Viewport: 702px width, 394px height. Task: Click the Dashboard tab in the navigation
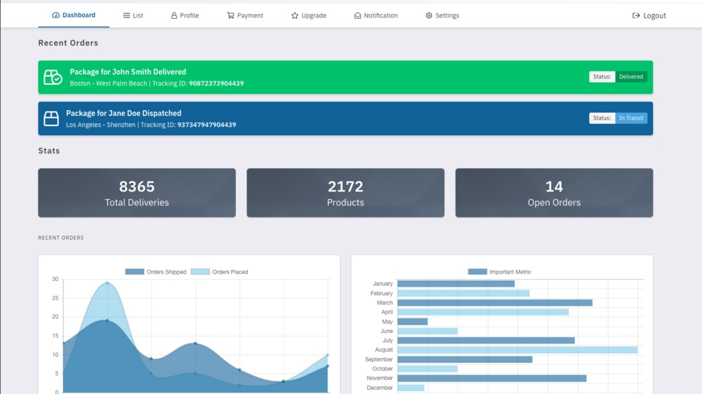pyautogui.click(x=74, y=15)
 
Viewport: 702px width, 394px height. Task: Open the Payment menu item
pyautogui.click(x=245, y=15)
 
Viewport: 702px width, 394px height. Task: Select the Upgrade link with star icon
pyautogui.click(x=309, y=15)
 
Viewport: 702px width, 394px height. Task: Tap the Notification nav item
pyautogui.click(x=376, y=15)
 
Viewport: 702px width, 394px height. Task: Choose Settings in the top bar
pyautogui.click(x=442, y=15)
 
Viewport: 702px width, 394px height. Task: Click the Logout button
pyautogui.click(x=649, y=15)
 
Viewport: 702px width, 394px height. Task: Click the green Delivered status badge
pyautogui.click(x=630, y=77)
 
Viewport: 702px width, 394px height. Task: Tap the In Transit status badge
pyautogui.click(x=630, y=118)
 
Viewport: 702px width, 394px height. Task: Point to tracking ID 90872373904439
pyautogui.click(x=216, y=83)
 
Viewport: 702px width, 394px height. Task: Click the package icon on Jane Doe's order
pyautogui.click(x=51, y=118)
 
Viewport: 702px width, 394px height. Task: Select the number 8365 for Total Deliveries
pyautogui.click(x=137, y=186)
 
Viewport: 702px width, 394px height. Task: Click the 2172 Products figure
pyautogui.click(x=345, y=186)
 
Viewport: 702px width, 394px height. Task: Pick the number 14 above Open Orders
pyautogui.click(x=554, y=186)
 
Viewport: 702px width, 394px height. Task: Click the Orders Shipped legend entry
pyautogui.click(x=156, y=272)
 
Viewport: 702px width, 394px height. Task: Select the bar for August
pyautogui.click(x=517, y=350)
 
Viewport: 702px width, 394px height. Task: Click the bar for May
pyautogui.click(x=412, y=322)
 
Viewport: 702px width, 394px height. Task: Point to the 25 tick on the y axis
pyautogui.click(x=55, y=298)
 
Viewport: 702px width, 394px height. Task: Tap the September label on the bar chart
pyautogui.click(x=379, y=360)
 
